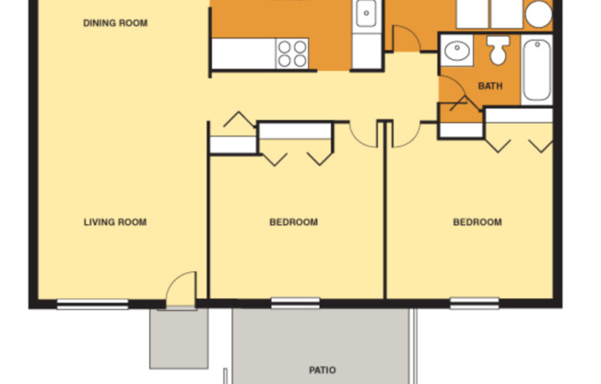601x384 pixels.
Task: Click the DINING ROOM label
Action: click(114, 23)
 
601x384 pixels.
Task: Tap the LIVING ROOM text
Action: click(115, 222)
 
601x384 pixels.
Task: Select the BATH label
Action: click(489, 87)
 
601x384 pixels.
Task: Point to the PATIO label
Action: click(322, 370)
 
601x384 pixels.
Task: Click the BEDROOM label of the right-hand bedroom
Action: click(477, 222)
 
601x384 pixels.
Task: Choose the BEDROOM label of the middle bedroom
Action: click(293, 222)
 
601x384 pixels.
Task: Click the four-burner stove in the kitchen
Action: click(293, 54)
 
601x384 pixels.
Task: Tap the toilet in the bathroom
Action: click(499, 51)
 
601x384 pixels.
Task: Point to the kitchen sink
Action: click(365, 14)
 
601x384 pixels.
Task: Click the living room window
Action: click(92, 303)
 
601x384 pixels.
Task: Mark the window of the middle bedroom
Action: click(295, 302)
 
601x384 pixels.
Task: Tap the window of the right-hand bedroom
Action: click(474, 302)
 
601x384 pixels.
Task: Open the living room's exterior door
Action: click(182, 290)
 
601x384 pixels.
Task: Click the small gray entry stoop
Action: click(179, 338)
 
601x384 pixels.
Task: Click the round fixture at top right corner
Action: click(538, 13)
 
